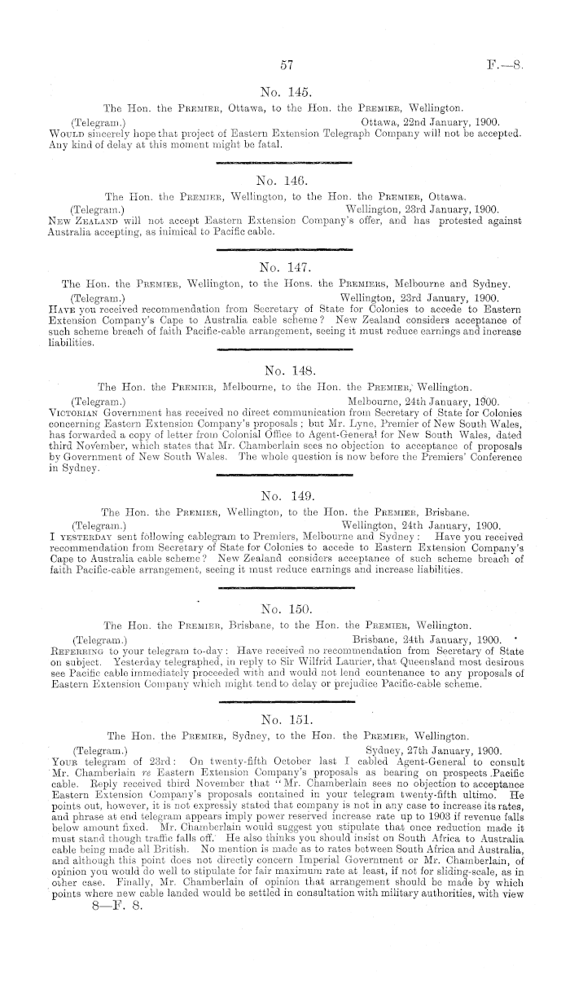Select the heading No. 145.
285,90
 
